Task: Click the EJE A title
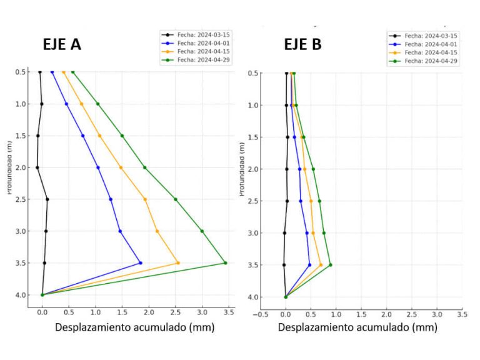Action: tap(61, 44)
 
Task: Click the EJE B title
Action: tap(302, 44)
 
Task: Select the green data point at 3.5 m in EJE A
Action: tap(225, 262)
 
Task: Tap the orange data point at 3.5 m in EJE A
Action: tap(178, 262)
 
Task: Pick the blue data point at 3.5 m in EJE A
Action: tap(141, 263)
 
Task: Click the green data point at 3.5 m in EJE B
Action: tap(330, 264)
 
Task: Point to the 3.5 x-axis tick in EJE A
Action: tap(228, 311)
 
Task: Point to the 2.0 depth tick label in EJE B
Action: tap(254, 169)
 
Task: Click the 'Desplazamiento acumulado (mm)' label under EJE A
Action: tap(134, 327)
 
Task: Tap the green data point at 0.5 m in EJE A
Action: tap(72, 72)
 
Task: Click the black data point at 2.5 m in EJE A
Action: tap(47, 199)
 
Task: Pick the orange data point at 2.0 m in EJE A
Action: tap(121, 167)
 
